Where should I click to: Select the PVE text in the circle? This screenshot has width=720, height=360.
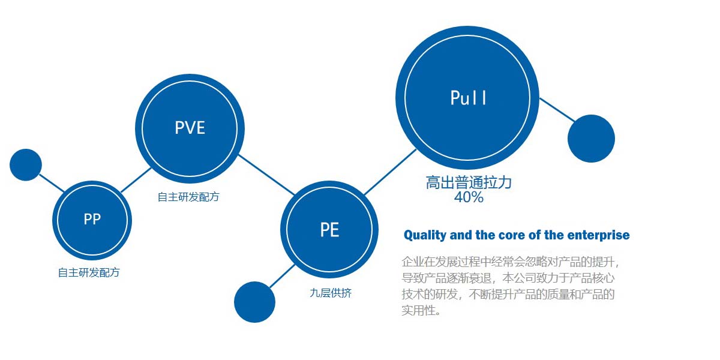(190, 128)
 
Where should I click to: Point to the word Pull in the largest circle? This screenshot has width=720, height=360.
(469, 98)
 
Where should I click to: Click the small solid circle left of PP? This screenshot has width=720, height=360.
(26, 165)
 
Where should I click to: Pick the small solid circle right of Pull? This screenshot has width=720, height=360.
(591, 139)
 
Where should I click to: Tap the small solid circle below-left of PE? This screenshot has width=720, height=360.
(254, 302)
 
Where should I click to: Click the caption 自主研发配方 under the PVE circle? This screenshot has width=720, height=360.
(188, 197)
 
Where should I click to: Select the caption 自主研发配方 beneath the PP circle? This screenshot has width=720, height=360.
(89, 272)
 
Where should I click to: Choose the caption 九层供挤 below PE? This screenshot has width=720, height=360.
(331, 293)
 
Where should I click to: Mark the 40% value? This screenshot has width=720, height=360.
(469, 197)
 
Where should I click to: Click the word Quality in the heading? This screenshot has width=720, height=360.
(425, 235)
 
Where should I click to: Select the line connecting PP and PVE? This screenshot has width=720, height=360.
(136, 180)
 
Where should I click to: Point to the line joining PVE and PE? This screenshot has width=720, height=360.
(266, 175)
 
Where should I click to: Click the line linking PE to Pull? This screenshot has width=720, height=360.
(390, 172)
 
